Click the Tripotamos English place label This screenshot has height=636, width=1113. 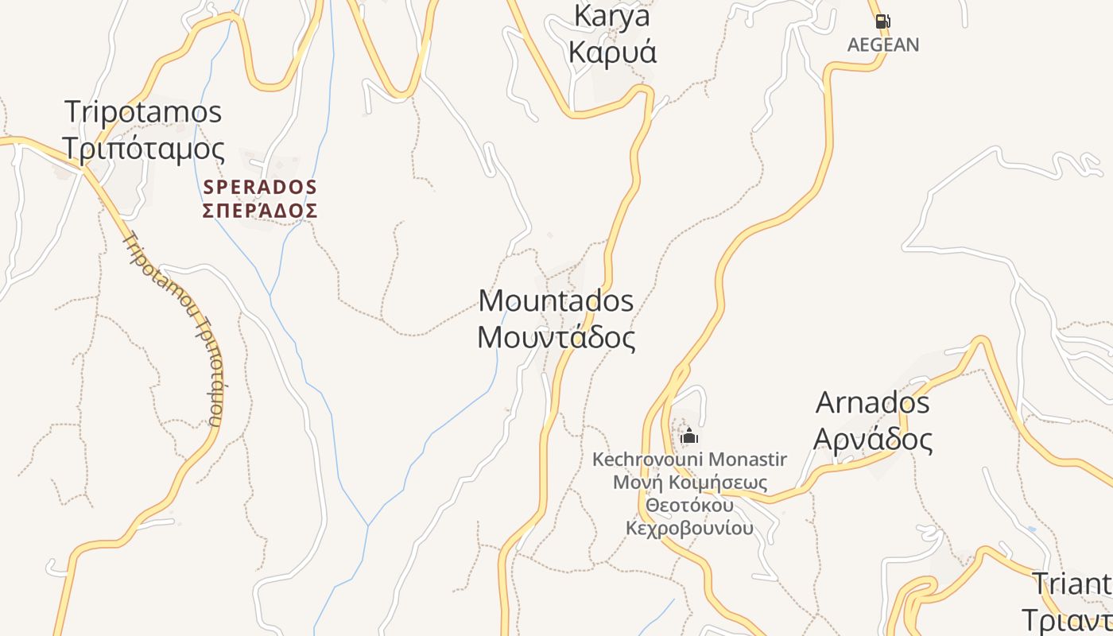[143, 112]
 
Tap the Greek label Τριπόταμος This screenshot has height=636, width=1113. [143, 149]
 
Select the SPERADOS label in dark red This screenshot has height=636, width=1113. [260, 188]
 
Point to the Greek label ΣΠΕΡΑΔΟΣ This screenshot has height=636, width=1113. [260, 211]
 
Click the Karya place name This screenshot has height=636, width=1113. [611, 16]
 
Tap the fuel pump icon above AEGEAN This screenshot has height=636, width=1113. [882, 21]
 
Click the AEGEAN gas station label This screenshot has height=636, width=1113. [882, 45]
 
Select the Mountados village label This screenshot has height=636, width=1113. [556, 301]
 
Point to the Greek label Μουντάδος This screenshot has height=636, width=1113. [556, 338]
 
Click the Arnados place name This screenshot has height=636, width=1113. [872, 403]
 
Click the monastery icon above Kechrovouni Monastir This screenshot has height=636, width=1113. [689, 436]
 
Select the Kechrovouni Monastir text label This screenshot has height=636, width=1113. [689, 460]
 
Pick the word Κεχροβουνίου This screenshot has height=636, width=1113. [689, 529]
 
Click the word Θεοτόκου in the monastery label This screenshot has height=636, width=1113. [689, 506]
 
